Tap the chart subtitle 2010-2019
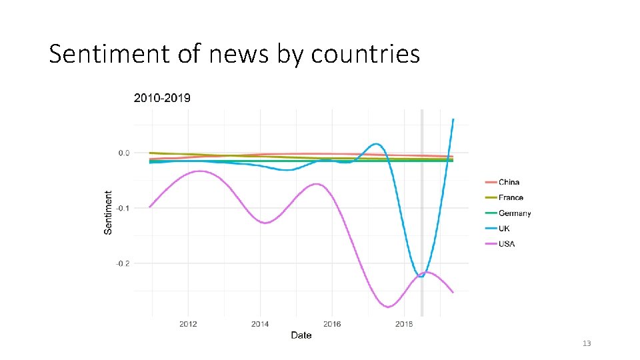click(x=162, y=98)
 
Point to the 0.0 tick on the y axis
click(x=124, y=153)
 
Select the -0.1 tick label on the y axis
click(x=123, y=208)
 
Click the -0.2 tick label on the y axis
click(x=123, y=263)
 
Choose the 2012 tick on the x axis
click(x=188, y=324)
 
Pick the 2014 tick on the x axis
click(x=260, y=324)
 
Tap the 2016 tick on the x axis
click(x=332, y=324)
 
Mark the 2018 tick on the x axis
click(x=404, y=324)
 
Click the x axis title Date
click(x=301, y=335)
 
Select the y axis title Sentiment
click(x=109, y=212)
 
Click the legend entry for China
click(x=509, y=182)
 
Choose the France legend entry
click(x=511, y=197)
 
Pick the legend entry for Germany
click(x=515, y=213)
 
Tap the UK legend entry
click(x=505, y=229)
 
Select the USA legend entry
click(x=507, y=244)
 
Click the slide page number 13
click(x=587, y=343)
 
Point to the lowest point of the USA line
click(x=388, y=307)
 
